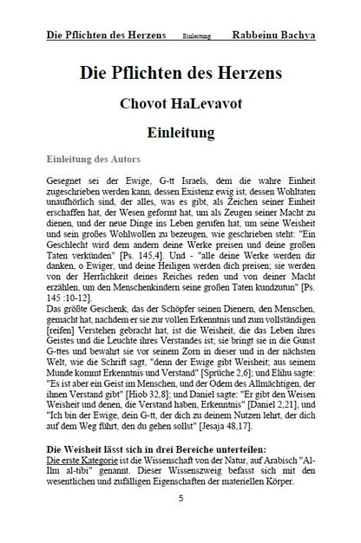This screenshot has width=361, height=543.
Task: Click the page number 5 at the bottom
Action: pos(180,500)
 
